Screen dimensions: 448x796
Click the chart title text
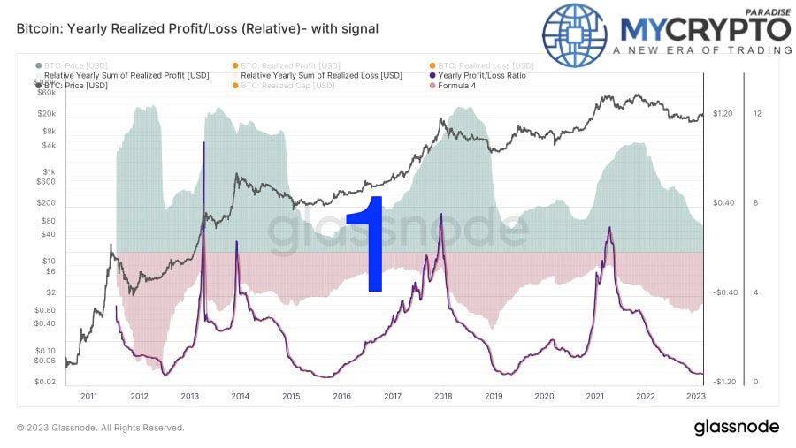197,28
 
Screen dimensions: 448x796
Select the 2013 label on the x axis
189,397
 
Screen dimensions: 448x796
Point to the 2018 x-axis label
443,397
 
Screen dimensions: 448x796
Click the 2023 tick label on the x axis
696,397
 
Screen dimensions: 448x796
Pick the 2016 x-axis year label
341,397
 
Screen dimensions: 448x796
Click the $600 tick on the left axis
46,182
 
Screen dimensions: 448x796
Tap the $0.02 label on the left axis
45,382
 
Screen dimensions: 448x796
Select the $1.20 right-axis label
723,114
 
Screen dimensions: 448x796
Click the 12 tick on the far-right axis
757,114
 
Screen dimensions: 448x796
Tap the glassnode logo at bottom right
736,427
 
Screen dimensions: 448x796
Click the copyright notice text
100,428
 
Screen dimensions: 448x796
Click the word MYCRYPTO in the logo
706,28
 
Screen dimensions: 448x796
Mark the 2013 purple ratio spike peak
204,142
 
